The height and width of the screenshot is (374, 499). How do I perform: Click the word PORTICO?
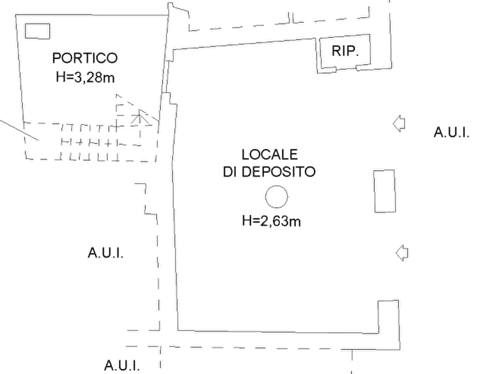point(85,58)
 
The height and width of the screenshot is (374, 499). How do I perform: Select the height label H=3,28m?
point(85,77)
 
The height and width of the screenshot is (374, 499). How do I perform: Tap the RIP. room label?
point(345,51)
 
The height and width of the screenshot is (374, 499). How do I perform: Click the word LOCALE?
point(269,155)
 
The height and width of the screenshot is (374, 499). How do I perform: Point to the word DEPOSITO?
point(278,172)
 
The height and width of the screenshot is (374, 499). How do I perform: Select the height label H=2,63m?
point(271,220)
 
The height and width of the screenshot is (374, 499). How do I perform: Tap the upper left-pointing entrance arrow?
point(399,124)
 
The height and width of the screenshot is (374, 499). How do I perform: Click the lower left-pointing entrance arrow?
point(402,253)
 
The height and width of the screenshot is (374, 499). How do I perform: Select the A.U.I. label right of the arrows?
point(452,132)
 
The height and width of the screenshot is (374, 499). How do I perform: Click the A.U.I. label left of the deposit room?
point(106,253)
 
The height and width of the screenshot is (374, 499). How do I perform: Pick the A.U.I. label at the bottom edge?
point(122,366)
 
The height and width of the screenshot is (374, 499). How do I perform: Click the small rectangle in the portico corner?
point(37,31)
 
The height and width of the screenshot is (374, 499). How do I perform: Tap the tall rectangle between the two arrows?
point(385,191)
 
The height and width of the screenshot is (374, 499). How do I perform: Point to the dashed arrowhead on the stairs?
point(139,117)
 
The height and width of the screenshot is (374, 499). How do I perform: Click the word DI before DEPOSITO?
point(230,172)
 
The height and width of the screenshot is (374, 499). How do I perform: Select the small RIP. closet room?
point(345,51)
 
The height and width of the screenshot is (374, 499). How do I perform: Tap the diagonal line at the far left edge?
point(20,131)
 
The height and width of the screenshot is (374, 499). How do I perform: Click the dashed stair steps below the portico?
point(91,142)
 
